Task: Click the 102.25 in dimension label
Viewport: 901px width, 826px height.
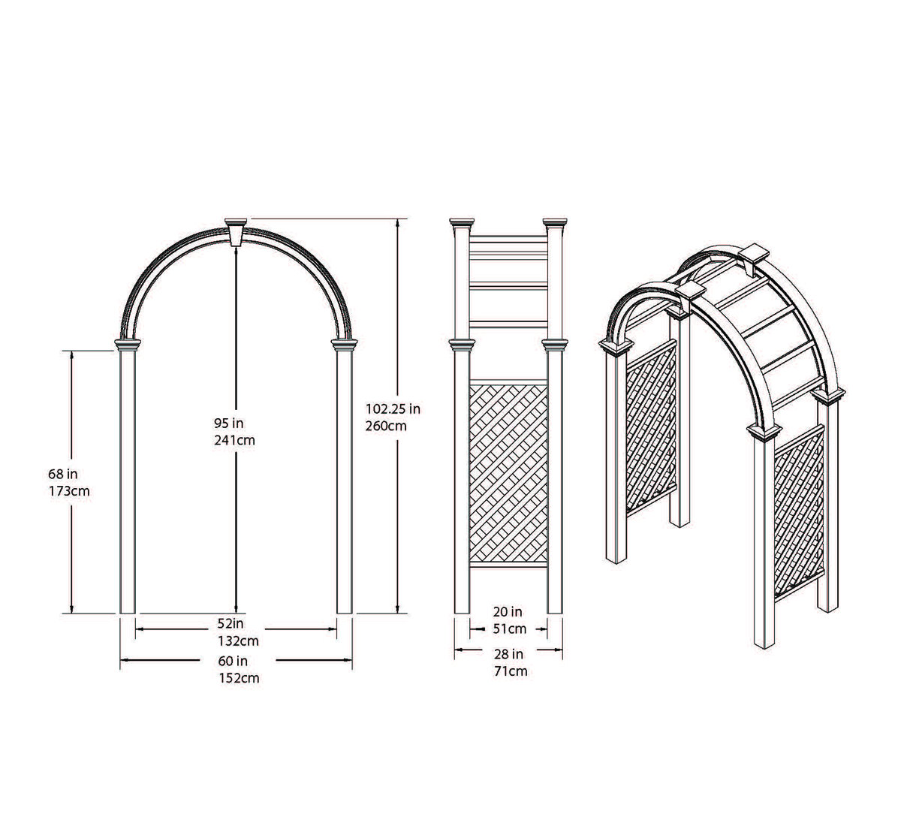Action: (392, 409)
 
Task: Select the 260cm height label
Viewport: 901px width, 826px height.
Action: (386, 426)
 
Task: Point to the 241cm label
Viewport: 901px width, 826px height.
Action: (234, 440)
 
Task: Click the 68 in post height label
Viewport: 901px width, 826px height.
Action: (63, 475)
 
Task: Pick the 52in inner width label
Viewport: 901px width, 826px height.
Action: (233, 624)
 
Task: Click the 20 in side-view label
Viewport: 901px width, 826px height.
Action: (508, 613)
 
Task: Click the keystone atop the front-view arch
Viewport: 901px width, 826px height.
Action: (237, 232)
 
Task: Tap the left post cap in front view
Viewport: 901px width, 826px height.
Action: (128, 345)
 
